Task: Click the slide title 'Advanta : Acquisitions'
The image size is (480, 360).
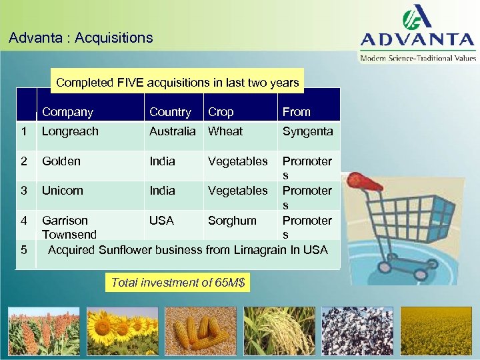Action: tap(81, 38)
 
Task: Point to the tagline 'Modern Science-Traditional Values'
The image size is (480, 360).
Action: tap(418, 59)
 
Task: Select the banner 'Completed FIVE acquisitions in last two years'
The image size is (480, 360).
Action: tap(177, 83)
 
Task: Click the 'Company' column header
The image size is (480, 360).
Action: tap(67, 112)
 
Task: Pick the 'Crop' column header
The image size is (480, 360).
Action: tap(221, 112)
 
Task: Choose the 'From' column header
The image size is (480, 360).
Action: tap(297, 112)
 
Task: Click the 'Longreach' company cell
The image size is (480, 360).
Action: tap(70, 131)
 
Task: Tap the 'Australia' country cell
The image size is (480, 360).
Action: tap(173, 131)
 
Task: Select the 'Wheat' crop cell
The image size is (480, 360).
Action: tap(225, 131)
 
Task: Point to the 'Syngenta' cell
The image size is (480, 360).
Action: tap(307, 131)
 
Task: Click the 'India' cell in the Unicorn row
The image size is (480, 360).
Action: tap(162, 191)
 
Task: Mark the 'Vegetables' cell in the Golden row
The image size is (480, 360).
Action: tap(237, 161)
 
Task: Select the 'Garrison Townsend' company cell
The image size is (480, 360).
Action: tap(69, 227)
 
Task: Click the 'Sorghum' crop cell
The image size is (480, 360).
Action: tap(232, 220)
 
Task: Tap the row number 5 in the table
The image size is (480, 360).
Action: tap(24, 250)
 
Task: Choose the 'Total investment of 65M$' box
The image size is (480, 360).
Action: tap(178, 283)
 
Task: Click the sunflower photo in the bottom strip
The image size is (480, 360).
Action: tap(122, 331)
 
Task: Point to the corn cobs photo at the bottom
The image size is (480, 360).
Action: tap(201, 331)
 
